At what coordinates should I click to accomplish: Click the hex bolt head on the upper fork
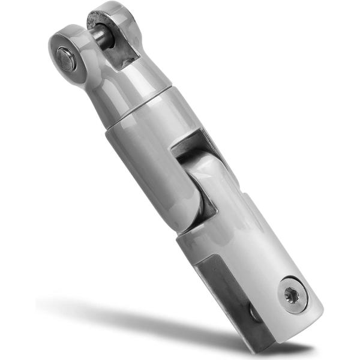(66, 59)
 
